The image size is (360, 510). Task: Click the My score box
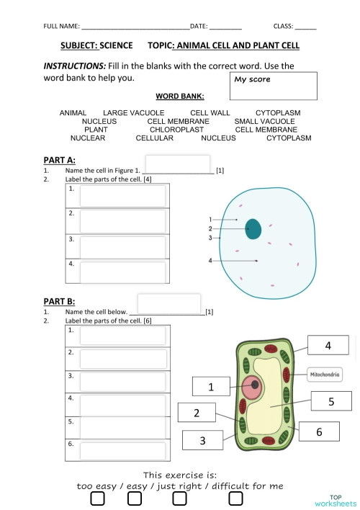point(274,86)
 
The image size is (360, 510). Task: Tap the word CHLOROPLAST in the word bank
point(176,130)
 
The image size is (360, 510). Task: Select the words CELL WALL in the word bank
point(210,113)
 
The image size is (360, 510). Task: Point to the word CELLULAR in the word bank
point(154,138)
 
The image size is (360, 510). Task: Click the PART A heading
point(59,160)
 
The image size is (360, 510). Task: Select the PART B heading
point(59,301)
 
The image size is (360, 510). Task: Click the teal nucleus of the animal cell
point(253,228)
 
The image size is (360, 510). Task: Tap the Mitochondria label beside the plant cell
point(325,375)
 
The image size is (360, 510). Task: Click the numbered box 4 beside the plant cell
point(328,346)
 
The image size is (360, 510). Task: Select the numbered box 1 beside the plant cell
point(211,387)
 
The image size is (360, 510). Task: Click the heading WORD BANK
point(179,96)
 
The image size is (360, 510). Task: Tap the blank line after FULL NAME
point(135,27)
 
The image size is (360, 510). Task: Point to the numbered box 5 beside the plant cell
point(330,402)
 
